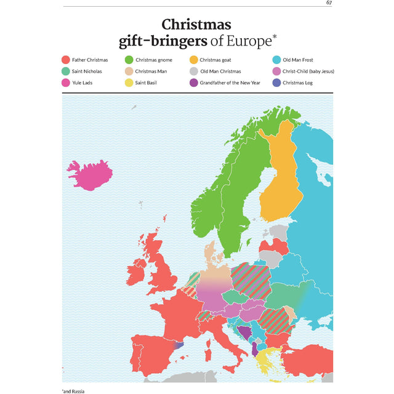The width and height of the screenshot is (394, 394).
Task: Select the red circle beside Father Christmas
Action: tap(65, 60)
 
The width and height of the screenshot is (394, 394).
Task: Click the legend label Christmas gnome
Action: tap(155, 60)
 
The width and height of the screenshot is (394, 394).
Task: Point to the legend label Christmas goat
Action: tap(219, 60)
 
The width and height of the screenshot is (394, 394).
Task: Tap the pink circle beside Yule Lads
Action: tap(65, 82)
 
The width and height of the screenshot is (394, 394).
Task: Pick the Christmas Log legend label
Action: tap(297, 82)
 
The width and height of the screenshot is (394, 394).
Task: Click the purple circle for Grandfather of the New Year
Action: tap(193, 82)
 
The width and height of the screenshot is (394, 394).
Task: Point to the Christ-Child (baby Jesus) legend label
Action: tap(308, 71)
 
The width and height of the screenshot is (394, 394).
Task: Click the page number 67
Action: tap(329, 3)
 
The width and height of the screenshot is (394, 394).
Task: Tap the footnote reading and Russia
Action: tap(73, 391)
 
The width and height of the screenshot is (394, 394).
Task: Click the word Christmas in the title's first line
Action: tap(196, 25)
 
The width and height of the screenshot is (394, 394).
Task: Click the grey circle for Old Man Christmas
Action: tap(193, 71)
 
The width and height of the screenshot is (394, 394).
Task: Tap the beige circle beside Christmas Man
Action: tap(129, 71)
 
